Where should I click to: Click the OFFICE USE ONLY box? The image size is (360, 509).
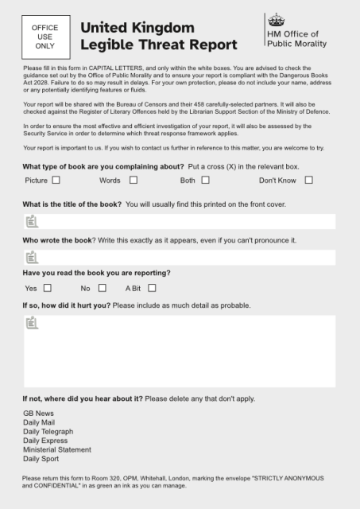(45, 37)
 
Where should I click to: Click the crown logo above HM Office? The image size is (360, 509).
(276, 20)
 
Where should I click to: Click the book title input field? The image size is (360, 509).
(179, 221)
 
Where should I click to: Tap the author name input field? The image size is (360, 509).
(179, 257)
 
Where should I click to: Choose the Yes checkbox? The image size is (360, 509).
(48, 288)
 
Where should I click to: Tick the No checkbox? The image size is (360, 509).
(103, 288)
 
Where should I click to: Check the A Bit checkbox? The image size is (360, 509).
(152, 288)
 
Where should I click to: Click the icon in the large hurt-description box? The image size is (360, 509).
(33, 323)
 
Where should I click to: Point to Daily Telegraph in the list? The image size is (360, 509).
(48, 431)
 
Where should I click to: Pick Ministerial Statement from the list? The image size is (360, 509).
(57, 449)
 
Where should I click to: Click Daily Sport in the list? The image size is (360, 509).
(42, 459)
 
